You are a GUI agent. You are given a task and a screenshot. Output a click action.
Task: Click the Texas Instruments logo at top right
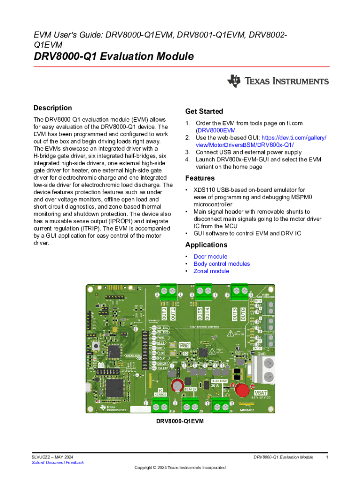[278, 81]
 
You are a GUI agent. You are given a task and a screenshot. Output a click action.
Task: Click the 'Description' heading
[52, 108]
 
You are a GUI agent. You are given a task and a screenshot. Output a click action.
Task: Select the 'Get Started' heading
[204, 111]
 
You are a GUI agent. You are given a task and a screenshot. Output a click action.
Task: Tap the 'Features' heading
[200, 178]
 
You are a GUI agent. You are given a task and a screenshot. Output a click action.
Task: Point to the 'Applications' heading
[206, 245]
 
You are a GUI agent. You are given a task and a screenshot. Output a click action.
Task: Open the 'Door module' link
[210, 256]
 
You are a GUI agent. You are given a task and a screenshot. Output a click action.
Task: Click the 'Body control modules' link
[222, 264]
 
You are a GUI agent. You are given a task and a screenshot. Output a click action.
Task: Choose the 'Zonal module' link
[211, 271]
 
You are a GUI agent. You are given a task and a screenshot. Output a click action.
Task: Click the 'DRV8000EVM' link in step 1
[216, 131]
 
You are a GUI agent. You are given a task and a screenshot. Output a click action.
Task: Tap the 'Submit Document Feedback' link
[58, 463]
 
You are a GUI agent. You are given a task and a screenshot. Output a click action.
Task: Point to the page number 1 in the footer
[327, 457]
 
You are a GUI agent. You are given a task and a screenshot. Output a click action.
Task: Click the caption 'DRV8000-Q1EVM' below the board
[180, 421]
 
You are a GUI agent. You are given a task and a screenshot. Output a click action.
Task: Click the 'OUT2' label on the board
[164, 313]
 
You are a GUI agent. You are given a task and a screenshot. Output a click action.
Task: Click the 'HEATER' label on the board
[190, 389]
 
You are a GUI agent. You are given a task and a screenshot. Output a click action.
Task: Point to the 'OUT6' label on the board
[243, 314]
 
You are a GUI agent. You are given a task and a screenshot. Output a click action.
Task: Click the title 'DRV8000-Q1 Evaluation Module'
[114, 57]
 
